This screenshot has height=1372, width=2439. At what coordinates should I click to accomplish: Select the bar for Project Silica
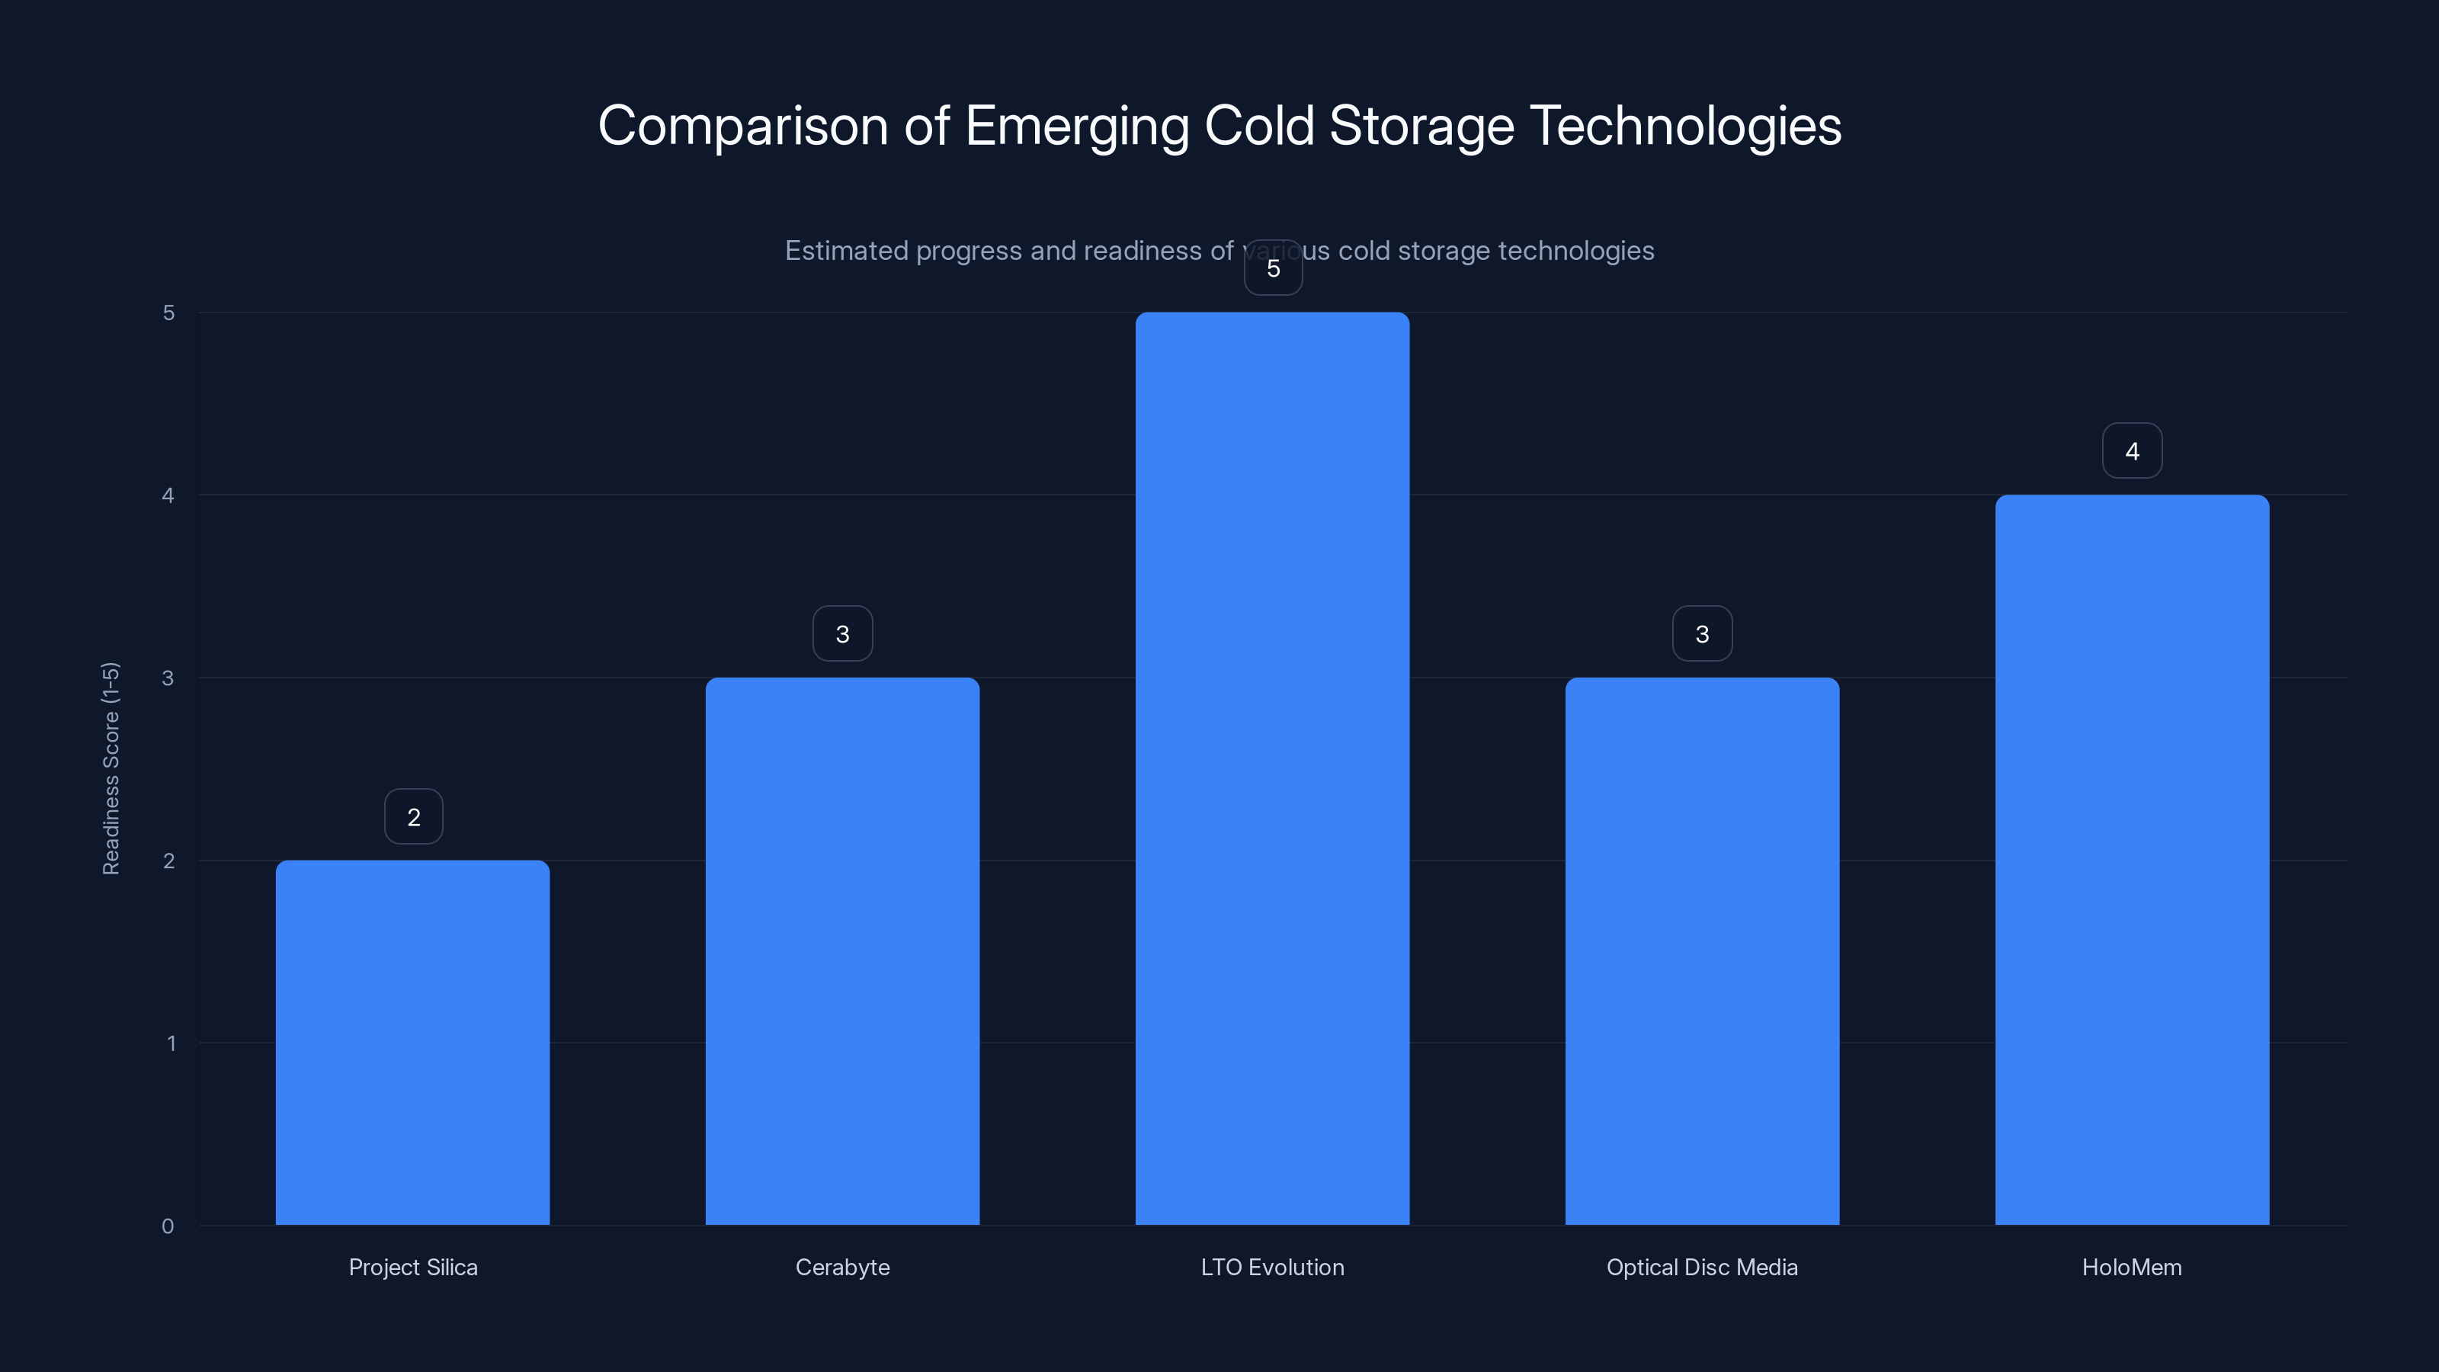pos(413,1041)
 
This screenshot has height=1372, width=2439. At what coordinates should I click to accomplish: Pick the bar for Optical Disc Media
pos(1701,950)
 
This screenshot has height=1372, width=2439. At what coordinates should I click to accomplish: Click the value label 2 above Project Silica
pos(414,817)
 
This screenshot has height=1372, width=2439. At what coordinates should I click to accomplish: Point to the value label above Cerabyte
pos(843,634)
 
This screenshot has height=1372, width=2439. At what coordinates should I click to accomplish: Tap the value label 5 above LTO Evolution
pos(1274,269)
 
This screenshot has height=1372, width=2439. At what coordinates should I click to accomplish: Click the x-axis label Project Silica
pos(413,1267)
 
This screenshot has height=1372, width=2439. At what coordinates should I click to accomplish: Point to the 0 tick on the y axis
pos(168,1226)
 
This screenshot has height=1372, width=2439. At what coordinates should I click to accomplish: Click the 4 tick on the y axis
pos(168,495)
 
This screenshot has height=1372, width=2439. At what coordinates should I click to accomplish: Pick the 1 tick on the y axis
pos(171,1043)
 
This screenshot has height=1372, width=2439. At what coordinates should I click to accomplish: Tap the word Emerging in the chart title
pos(1076,127)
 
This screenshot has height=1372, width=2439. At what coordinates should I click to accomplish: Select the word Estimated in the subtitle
pos(845,251)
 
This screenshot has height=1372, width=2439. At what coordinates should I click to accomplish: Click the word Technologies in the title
pos(1685,127)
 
